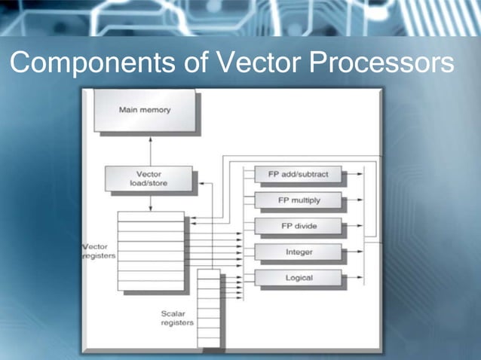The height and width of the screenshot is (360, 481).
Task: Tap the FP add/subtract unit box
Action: (299, 175)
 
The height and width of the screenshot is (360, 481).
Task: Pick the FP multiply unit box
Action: (299, 200)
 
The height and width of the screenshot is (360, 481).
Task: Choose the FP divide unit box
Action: (299, 226)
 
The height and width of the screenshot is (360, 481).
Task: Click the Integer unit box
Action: (299, 252)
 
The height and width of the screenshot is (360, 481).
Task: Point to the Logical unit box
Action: (299, 278)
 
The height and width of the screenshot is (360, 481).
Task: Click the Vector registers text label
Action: (98, 252)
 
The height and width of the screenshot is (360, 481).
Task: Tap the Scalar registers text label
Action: (176, 318)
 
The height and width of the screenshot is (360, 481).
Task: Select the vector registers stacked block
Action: (151, 250)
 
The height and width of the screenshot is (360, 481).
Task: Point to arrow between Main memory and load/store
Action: (151, 149)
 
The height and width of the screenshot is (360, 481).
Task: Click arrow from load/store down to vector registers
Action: (151, 202)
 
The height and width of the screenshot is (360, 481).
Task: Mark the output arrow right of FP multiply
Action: (354, 200)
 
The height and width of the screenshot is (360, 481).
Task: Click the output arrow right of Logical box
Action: (354, 278)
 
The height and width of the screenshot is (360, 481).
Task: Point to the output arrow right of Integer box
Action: (354, 252)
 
